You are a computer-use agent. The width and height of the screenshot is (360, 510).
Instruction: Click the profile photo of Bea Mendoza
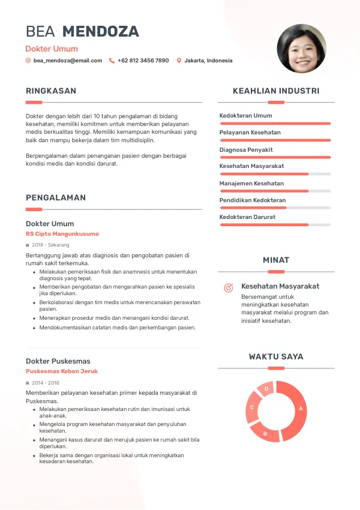(302, 49)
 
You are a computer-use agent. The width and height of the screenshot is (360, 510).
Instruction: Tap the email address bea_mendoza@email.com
(68, 61)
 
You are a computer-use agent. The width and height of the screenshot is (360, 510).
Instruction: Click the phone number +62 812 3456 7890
(143, 61)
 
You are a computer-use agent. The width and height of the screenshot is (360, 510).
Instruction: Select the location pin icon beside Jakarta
(179, 61)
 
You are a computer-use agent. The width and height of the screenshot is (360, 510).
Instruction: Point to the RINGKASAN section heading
(51, 91)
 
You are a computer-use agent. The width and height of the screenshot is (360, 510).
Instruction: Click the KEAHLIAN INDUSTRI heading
(276, 91)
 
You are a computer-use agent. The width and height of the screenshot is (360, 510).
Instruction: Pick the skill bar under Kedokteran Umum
(275, 123)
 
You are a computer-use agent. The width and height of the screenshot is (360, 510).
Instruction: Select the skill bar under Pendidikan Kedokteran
(275, 208)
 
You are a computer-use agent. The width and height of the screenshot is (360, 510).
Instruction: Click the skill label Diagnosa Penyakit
(246, 149)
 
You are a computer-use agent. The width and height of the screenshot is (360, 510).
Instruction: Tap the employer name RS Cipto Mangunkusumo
(62, 234)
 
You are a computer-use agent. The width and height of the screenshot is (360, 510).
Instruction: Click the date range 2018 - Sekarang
(50, 245)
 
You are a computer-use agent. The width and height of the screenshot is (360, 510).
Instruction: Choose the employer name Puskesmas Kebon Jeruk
(62, 371)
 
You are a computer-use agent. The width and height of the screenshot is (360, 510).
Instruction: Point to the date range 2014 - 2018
(46, 382)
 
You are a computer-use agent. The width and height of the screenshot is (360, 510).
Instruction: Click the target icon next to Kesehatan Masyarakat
(228, 288)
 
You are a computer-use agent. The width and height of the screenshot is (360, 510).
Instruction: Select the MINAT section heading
(276, 260)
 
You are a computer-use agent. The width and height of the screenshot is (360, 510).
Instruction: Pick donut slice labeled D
(266, 389)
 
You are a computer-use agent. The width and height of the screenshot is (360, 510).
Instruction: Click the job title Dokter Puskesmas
(58, 361)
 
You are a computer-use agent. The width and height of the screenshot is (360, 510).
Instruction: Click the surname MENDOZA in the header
(101, 32)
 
